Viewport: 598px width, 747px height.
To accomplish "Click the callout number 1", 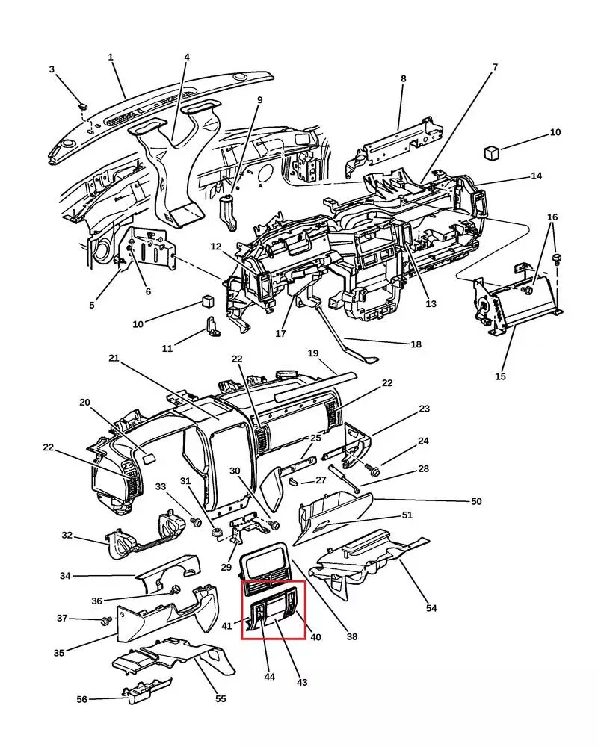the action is pos(111,58).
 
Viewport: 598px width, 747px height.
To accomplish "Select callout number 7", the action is pos(495,67).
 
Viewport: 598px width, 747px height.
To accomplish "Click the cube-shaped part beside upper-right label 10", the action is pos(490,153).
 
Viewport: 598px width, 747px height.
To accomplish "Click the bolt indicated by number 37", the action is pos(106,621).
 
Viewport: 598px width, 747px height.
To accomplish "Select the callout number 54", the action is pos(431,608).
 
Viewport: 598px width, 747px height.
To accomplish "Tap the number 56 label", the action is pos(82,699).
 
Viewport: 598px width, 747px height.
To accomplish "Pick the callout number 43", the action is pos(302,682).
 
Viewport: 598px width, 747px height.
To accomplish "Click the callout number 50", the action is pos(476,501).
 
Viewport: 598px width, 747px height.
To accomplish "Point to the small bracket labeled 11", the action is pos(212,328).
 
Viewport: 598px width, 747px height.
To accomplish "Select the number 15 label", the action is pos(500,376).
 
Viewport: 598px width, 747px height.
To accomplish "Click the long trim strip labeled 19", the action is pos(315,386).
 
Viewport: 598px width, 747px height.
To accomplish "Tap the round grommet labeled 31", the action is pos(219,534).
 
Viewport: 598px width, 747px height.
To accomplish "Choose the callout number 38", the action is pos(351,636).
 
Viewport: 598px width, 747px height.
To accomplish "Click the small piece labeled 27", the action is pos(294,480).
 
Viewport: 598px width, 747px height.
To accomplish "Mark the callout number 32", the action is pos(67,535).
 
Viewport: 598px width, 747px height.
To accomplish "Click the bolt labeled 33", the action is pos(195,521).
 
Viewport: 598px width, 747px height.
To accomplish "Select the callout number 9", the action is pos(260,100).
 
